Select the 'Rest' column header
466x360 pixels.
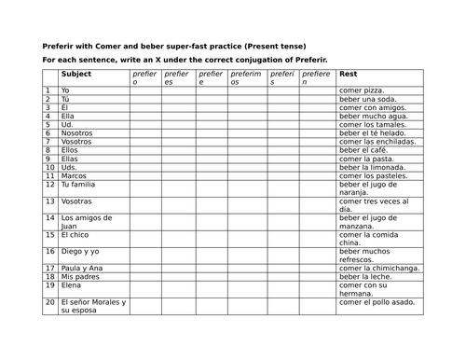pyautogui.click(x=349, y=73)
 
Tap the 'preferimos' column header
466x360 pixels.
pyautogui.click(x=246, y=77)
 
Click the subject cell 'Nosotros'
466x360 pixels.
pyautogui.click(x=78, y=133)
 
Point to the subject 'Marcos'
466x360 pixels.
pyautogui.click(x=74, y=175)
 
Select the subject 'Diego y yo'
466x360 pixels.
pyautogui.click(x=81, y=251)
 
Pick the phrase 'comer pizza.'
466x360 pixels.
pyautogui.click(x=361, y=90)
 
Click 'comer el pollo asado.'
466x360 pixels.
pyautogui.click(x=375, y=303)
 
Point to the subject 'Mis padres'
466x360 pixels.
pyautogui.click(x=80, y=278)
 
